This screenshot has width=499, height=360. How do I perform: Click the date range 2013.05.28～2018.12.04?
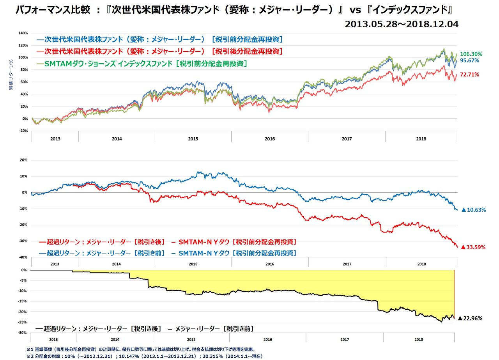coord(402,24)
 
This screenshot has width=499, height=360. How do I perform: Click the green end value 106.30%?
coord(471,54)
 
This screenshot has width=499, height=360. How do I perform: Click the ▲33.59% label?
coord(473,247)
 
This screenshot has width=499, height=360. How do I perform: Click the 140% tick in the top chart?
coord(23,33)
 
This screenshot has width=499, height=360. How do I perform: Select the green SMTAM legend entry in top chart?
coord(142,64)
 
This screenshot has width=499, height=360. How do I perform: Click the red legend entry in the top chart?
coord(160,51)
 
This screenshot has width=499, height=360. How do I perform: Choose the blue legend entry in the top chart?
coord(160,39)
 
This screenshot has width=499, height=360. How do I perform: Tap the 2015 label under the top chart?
coord(193,138)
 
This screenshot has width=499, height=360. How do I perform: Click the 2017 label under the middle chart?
coord(347,264)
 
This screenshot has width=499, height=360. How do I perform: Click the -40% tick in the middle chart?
coord(23,257)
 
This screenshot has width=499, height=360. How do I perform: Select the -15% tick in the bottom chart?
coord(23,301)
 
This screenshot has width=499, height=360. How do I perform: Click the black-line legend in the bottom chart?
coord(144,329)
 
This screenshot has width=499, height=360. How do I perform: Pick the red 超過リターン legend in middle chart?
coord(168,242)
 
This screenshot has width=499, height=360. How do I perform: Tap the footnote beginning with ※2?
coord(144,356)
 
